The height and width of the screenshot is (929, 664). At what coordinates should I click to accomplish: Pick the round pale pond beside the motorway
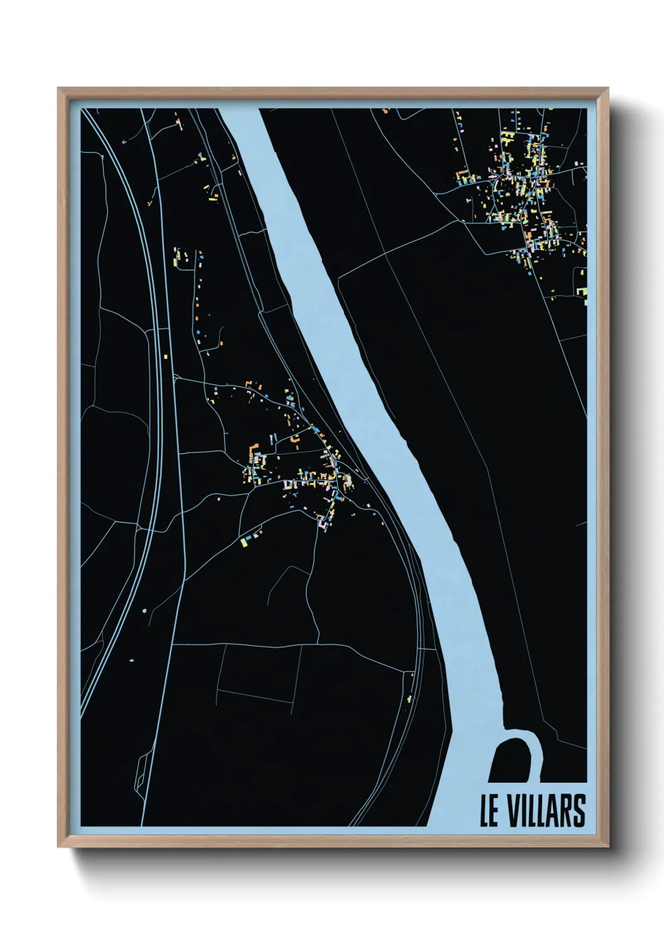point(144,609)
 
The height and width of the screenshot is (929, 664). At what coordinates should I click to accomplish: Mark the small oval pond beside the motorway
point(132,660)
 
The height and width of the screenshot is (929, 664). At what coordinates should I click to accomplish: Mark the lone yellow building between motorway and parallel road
point(168,356)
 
